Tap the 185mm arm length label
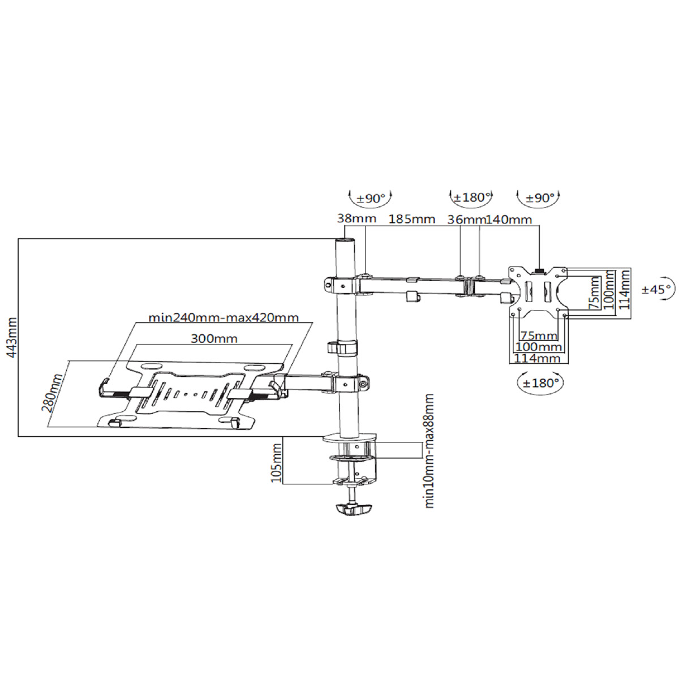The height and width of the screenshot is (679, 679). [x=411, y=219]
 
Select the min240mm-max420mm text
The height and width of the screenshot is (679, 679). [x=223, y=317]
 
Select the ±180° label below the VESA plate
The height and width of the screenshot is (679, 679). [x=541, y=383]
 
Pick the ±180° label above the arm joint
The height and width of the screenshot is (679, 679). [x=471, y=197]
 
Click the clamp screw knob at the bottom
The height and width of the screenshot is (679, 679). [x=353, y=509]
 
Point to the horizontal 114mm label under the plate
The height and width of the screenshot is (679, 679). [x=537, y=358]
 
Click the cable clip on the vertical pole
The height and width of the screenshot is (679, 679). [x=343, y=346]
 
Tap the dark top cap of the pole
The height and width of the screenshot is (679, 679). [x=344, y=240]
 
